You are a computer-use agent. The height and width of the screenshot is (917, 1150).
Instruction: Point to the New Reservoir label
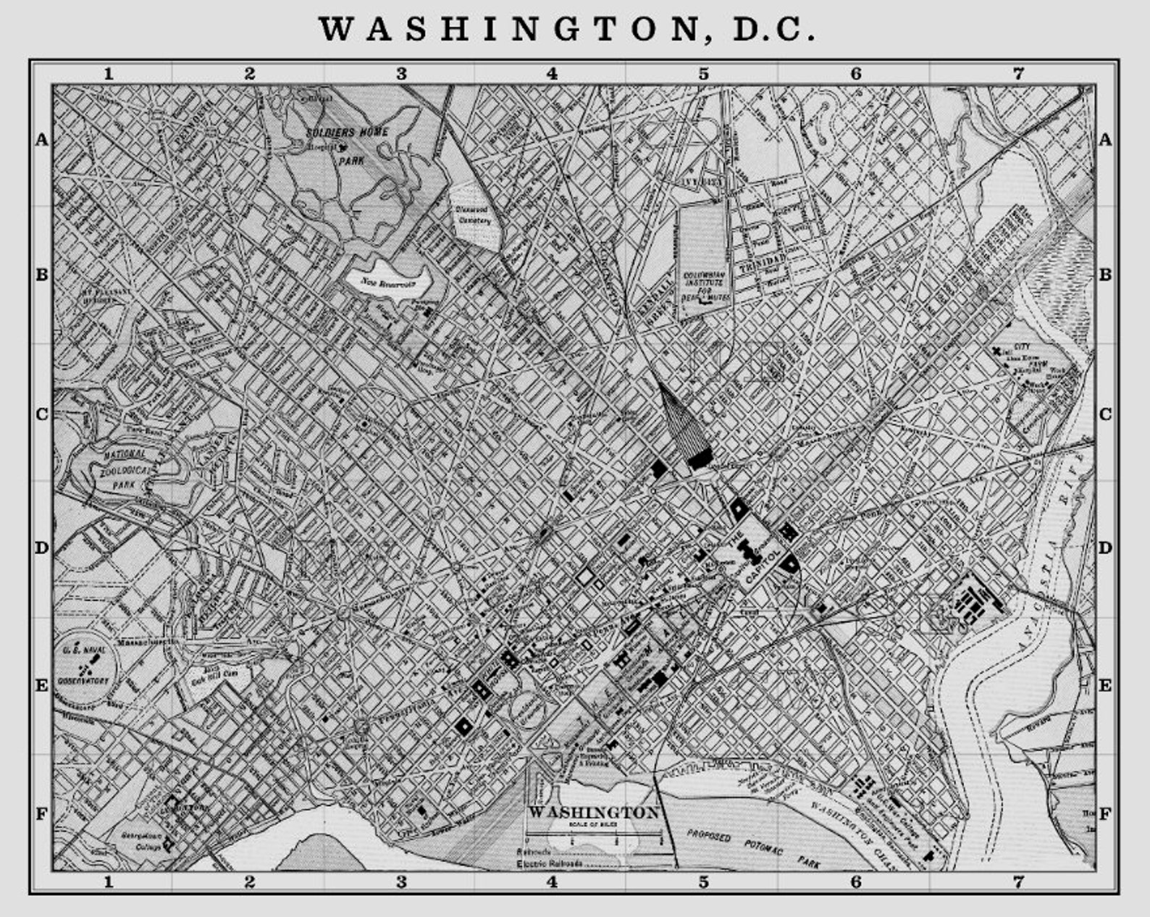388,284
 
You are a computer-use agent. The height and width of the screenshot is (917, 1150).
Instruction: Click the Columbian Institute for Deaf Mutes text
705,287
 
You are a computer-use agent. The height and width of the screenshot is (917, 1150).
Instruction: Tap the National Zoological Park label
126,467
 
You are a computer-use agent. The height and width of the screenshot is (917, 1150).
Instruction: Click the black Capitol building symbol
748,555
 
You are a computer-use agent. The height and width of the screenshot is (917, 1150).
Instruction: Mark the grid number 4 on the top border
553,73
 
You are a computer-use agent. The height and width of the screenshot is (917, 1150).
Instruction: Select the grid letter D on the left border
41,548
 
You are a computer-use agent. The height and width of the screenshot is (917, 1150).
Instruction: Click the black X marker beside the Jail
1000,351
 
